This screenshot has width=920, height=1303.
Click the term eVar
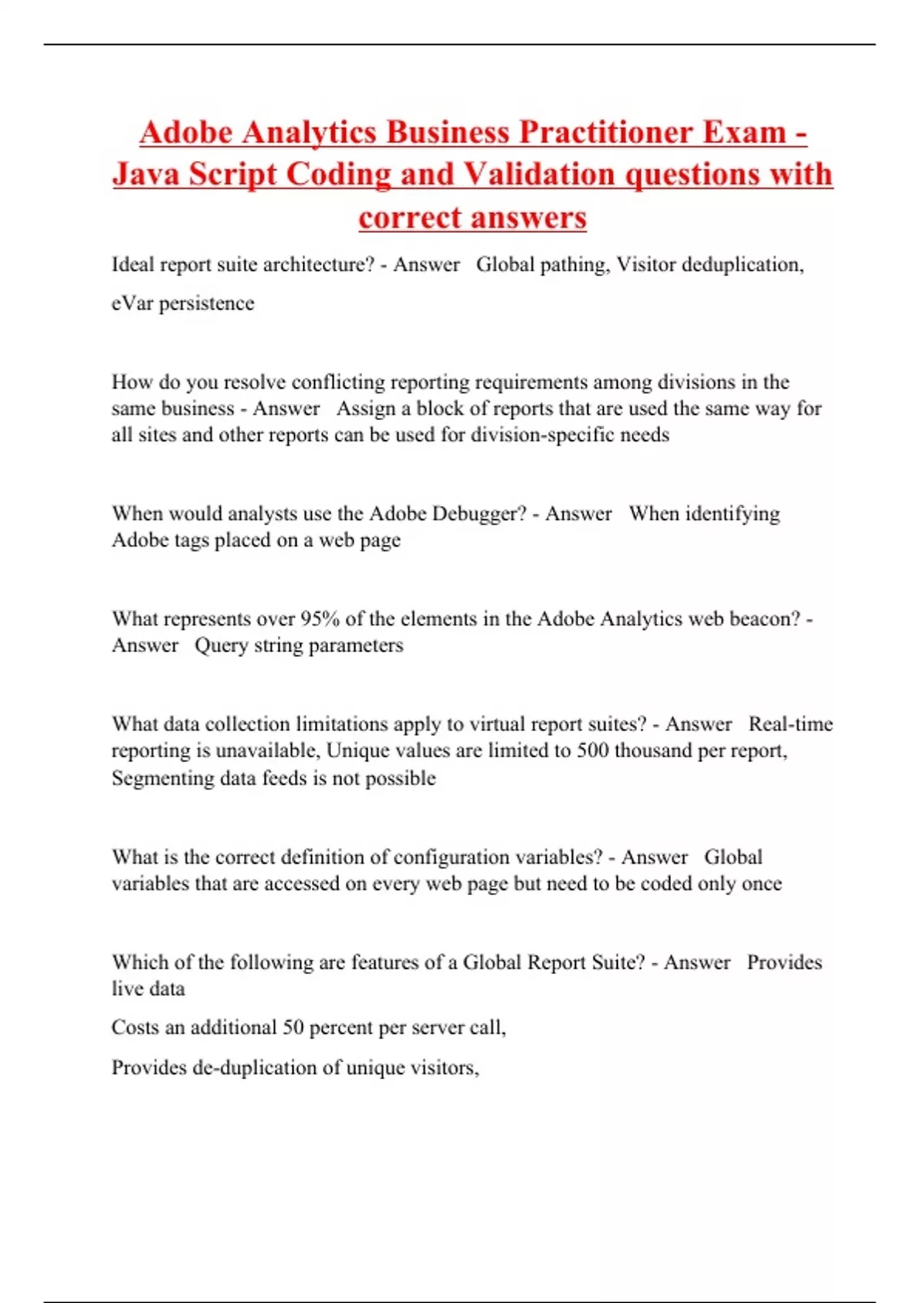[x=132, y=304]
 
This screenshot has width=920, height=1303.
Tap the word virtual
[x=497, y=724]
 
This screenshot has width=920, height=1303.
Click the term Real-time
[x=790, y=724]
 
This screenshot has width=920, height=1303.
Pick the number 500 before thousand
[x=593, y=750]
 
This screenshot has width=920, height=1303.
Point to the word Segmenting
[x=163, y=779]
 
